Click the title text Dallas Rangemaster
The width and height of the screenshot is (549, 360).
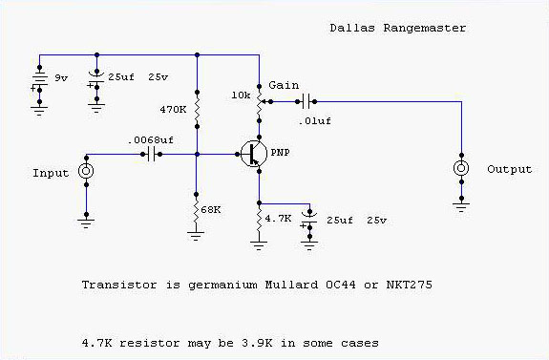coord(409,27)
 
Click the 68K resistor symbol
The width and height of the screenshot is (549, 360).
coord(197,207)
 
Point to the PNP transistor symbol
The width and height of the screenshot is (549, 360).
coord(252,154)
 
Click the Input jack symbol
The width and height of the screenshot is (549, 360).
coord(86,171)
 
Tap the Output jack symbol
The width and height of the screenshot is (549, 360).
coord(461,169)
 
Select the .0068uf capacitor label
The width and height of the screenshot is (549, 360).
coord(152,139)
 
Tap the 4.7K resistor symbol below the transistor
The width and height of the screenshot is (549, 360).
coord(258,219)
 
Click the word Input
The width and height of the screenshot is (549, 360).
coord(51,173)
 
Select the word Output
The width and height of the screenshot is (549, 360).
coord(508,170)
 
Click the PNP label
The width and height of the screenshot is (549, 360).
coord(282,153)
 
